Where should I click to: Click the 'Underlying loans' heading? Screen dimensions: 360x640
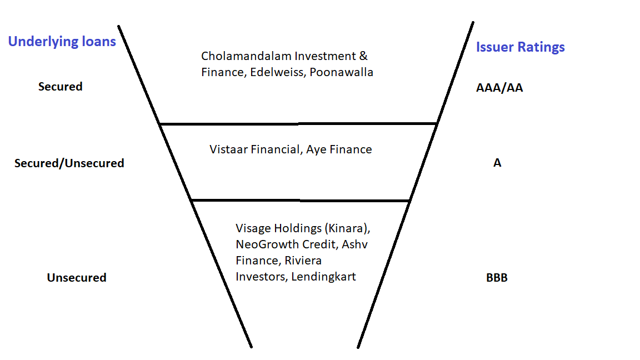click(62, 42)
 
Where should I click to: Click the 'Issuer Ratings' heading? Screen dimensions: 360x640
click(520, 47)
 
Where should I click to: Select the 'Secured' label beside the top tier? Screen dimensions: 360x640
click(60, 87)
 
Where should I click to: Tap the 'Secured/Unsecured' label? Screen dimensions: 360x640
click(69, 163)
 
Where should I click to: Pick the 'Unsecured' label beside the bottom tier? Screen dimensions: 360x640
click(76, 278)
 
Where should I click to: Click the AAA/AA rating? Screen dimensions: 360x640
click(499, 88)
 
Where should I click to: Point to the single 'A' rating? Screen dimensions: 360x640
click(497, 163)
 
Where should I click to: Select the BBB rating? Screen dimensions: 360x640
click(496, 278)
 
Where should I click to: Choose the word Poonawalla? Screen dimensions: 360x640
click(342, 72)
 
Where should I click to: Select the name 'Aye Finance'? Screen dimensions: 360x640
click(339, 149)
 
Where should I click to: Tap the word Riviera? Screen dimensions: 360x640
click(303, 261)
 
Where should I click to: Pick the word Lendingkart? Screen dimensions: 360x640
click(323, 277)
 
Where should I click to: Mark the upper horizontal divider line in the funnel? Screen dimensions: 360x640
click(298, 123)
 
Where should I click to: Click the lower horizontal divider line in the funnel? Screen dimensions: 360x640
click(300, 200)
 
